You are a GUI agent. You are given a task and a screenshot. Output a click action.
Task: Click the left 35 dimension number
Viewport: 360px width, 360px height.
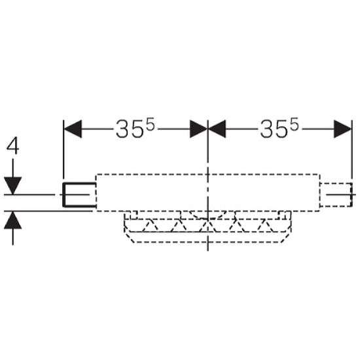tap(131, 129)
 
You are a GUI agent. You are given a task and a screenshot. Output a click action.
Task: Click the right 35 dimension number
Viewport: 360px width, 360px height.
tap(276, 129)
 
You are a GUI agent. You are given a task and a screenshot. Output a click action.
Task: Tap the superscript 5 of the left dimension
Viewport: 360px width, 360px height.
tap(151, 124)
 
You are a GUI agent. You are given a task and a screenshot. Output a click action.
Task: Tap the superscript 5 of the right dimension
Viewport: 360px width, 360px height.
tap(295, 124)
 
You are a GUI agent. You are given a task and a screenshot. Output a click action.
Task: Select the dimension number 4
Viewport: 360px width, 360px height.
tap(12, 146)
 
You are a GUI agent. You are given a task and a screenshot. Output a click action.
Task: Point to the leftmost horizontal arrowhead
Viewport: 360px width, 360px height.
tap(73, 129)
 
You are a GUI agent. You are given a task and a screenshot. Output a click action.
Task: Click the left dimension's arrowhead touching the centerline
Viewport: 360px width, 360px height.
tap(198, 129)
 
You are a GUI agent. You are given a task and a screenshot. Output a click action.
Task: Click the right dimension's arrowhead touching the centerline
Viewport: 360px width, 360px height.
tap(217, 129)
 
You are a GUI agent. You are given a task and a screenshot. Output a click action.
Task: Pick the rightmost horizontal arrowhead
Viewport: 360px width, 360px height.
tap(343, 129)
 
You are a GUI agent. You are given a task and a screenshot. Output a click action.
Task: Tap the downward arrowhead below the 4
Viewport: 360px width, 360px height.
tap(12, 185)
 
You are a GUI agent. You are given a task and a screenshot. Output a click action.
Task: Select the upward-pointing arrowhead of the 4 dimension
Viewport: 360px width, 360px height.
tap(12, 220)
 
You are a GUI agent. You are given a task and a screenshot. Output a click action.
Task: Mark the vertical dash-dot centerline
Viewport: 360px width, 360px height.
tap(207, 185)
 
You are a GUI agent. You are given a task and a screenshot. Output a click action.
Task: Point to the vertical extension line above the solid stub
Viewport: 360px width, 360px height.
tap(63, 149)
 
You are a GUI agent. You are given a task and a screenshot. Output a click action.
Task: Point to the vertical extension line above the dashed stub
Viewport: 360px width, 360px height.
tap(351, 149)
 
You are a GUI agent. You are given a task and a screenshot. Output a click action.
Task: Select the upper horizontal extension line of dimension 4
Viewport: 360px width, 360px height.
tap(29, 194)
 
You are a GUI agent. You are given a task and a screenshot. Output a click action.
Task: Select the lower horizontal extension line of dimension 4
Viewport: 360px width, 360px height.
tap(48, 211)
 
